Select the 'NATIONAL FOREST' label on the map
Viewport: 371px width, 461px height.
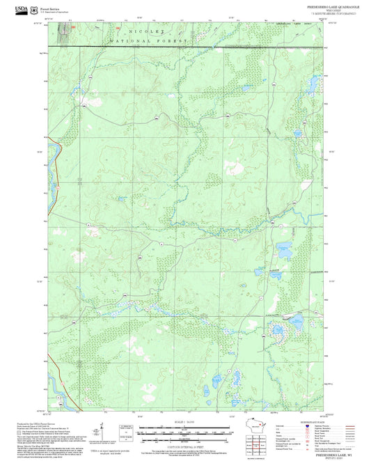point(149,42)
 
